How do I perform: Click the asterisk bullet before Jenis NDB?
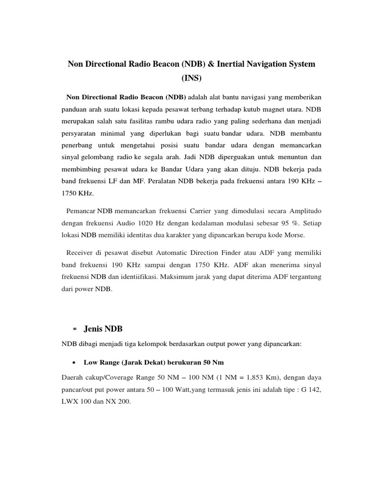pyautogui.click(x=74, y=329)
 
